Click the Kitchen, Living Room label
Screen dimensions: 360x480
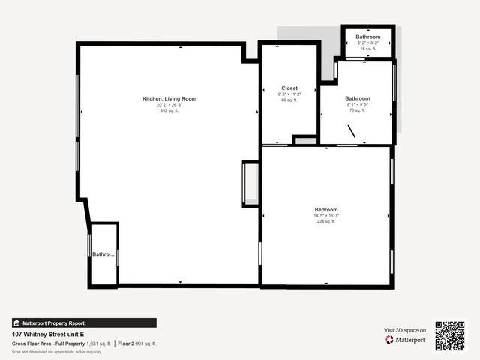pyautogui.click(x=169, y=98)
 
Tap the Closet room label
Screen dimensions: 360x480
pyautogui.click(x=289, y=88)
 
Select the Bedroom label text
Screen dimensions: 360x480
pyautogui.click(x=326, y=209)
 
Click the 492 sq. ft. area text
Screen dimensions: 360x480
pyautogui.click(x=169, y=110)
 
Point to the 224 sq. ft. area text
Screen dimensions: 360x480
pyautogui.click(x=326, y=221)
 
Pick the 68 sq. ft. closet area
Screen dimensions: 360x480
pyautogui.click(x=289, y=100)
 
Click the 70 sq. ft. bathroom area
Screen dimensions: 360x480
pyautogui.click(x=357, y=110)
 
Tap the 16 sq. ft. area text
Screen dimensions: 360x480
pyautogui.click(x=367, y=49)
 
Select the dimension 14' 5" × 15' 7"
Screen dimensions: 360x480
pyautogui.click(x=326, y=215)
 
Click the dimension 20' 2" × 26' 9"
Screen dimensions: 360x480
pyautogui.click(x=169, y=104)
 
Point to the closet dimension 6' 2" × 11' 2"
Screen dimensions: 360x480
pyautogui.click(x=289, y=94)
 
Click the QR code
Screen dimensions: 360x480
pyautogui.click(x=450, y=335)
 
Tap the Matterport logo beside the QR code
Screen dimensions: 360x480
pyautogui.click(x=406, y=340)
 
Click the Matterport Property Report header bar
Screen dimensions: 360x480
pyautogui.click(x=84, y=322)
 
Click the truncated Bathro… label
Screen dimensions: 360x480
pyautogui.click(x=104, y=254)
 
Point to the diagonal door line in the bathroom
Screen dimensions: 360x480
pyautogui.click(x=351, y=131)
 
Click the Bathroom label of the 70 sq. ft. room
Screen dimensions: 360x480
pyautogui.click(x=357, y=98)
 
